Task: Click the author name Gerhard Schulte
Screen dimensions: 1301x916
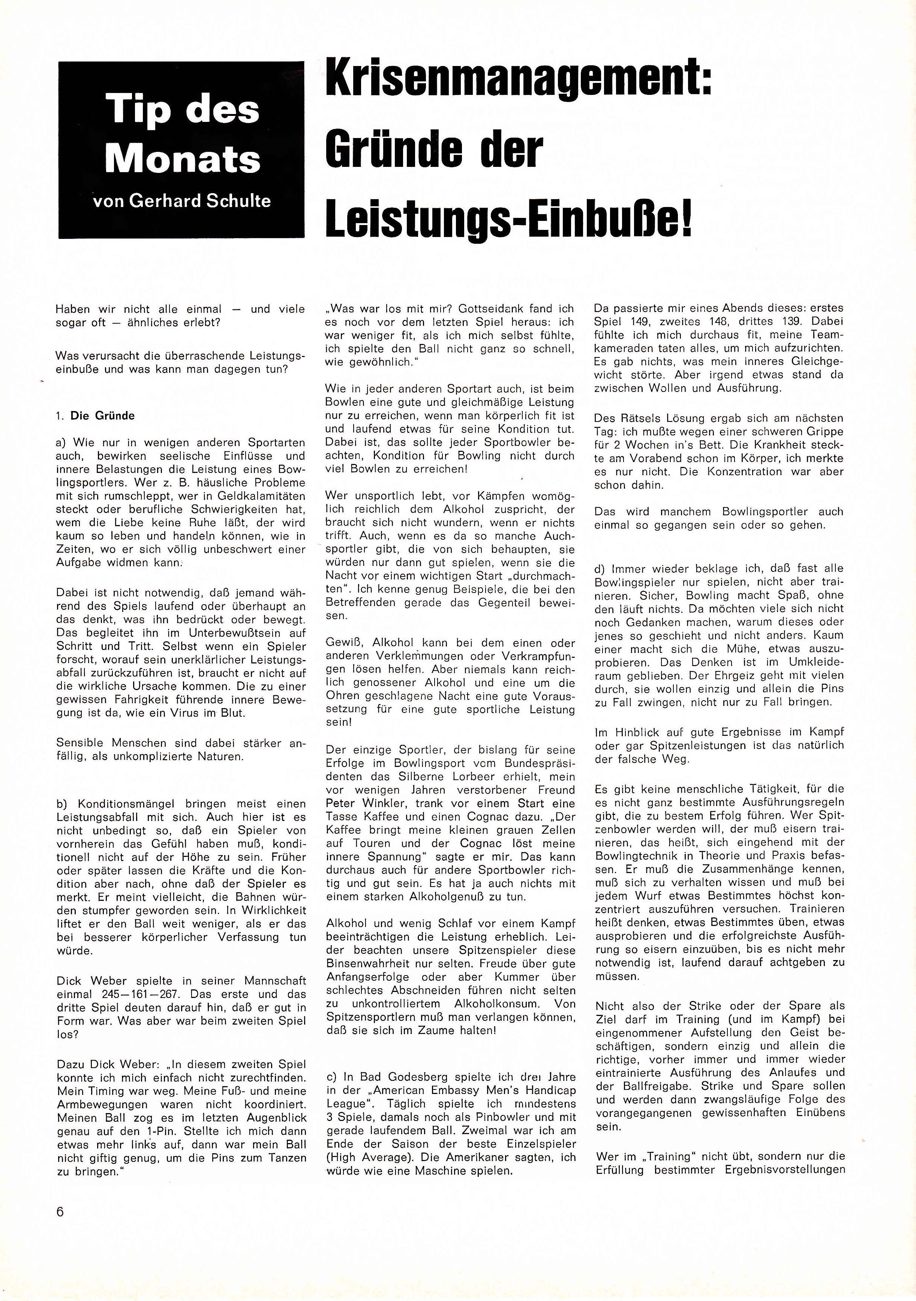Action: tap(200, 201)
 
